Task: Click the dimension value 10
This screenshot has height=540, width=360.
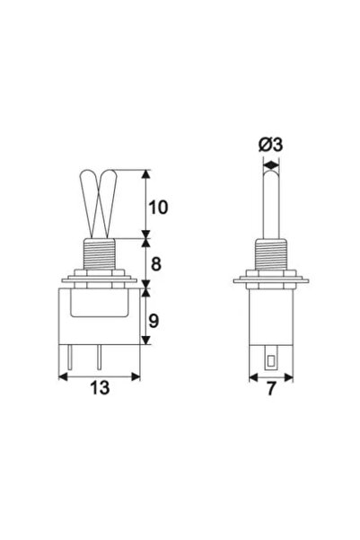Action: pyautogui.click(x=159, y=206)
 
